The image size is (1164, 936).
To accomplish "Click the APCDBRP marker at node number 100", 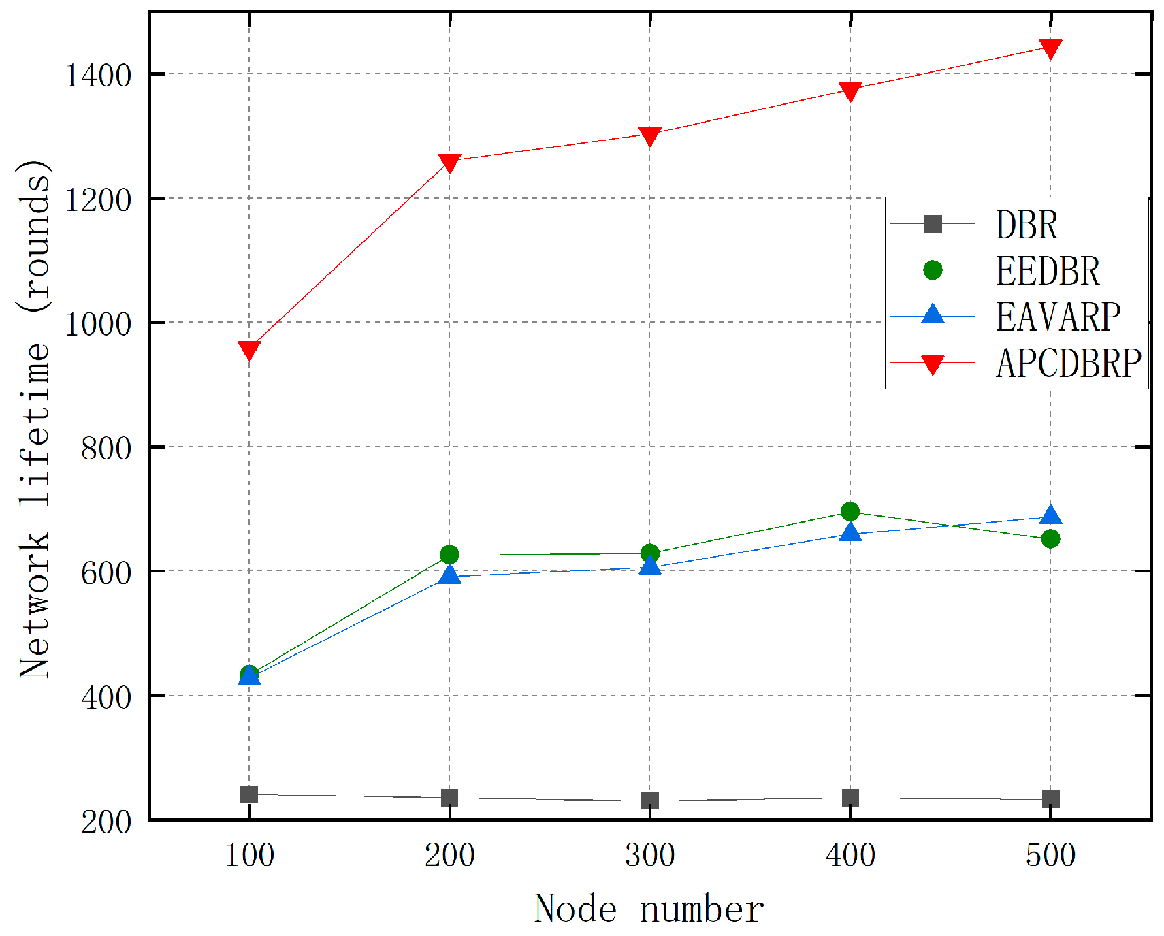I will pos(249,351).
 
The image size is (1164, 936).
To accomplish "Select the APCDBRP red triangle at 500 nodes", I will pos(1050,48).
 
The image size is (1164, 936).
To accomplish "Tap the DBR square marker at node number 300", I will pos(650,801).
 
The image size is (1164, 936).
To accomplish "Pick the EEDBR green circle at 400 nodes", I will pos(850,511).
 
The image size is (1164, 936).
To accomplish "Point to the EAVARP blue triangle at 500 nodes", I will pos(1050,515).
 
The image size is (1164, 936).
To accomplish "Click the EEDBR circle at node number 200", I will pos(449,555).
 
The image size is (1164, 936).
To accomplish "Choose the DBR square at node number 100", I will pos(249,794).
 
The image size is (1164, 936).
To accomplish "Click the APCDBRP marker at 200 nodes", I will pos(449,162).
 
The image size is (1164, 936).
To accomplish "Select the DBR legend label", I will pos(1026,225).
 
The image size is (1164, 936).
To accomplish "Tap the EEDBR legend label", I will pos(1047,271).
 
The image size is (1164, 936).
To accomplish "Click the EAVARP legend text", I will pos(1057,317).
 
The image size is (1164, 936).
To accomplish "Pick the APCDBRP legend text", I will pos(1068,364).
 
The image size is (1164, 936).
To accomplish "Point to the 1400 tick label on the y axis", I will pos(98,75).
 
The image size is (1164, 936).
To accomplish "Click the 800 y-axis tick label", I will pos(106,449).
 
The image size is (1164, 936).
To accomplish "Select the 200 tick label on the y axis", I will pos(106,822).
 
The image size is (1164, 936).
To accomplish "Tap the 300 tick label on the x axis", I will pos(650,855).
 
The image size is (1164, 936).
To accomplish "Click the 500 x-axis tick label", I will pos(1050,855).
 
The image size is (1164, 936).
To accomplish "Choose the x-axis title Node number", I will pos(649,909).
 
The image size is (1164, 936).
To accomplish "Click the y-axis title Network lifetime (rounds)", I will pos(34,419).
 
